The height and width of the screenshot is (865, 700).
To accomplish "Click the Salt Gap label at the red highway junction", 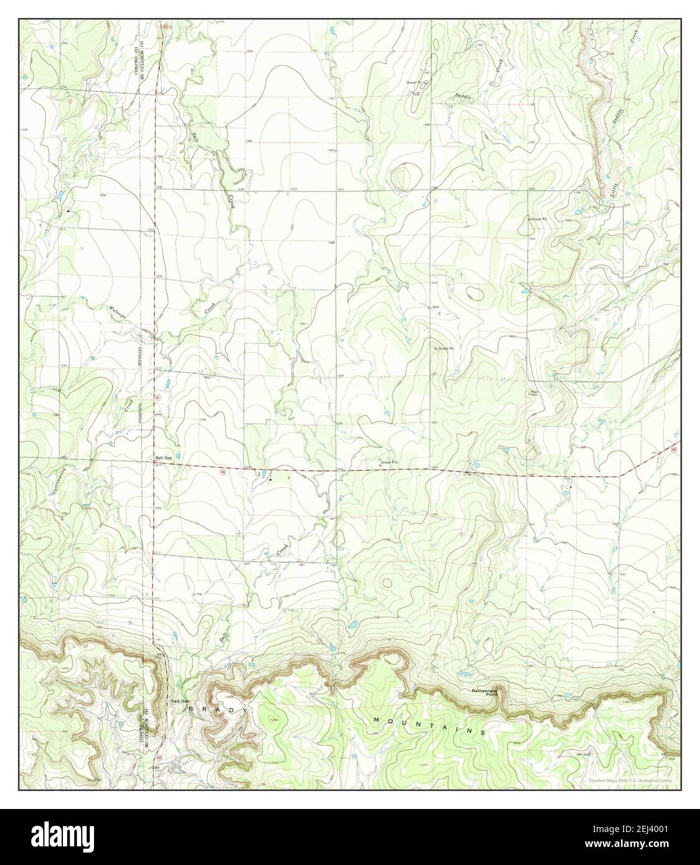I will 162,459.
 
